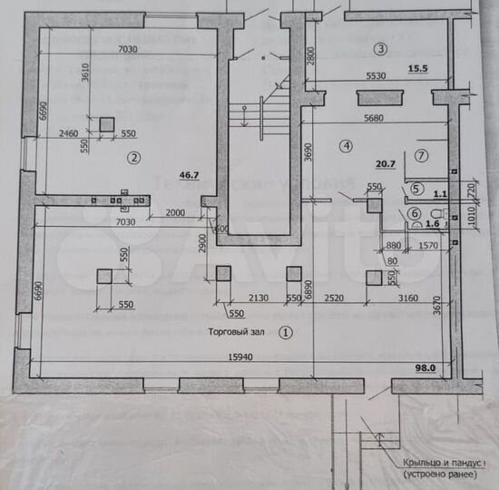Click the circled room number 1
[286, 332]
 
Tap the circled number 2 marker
[133, 157]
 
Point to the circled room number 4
[346, 144]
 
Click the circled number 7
[420, 155]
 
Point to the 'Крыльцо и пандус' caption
[439, 462]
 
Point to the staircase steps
[244, 113]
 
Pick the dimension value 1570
[427, 244]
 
